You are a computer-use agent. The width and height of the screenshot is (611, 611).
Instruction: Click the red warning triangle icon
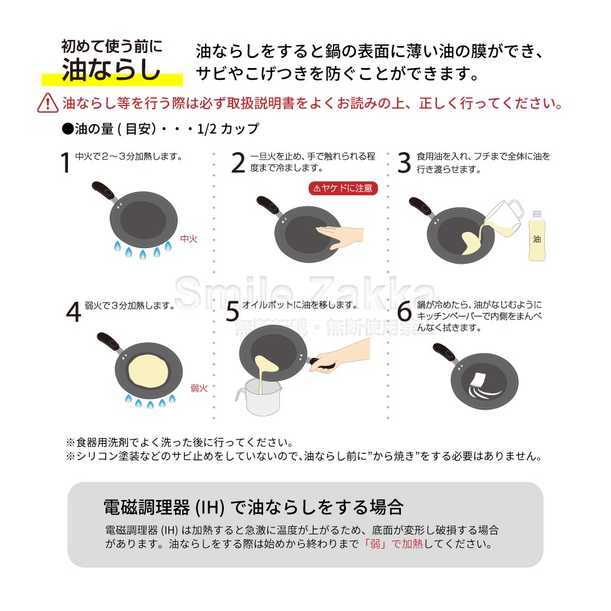[48, 102]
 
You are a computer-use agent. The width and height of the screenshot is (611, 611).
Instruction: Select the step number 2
[238, 162]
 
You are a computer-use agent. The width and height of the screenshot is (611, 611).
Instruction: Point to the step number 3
[404, 162]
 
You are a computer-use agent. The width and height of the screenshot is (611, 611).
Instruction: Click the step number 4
[74, 312]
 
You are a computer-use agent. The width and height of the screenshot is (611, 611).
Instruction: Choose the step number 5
[232, 312]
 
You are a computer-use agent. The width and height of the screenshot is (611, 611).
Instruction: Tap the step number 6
[404, 312]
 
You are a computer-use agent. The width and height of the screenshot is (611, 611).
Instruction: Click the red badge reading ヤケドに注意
[344, 188]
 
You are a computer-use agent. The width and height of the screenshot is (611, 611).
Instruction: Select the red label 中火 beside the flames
[188, 238]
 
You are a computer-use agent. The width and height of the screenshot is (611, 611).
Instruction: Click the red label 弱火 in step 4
[198, 388]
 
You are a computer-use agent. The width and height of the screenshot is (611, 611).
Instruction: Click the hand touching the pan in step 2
[340, 236]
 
